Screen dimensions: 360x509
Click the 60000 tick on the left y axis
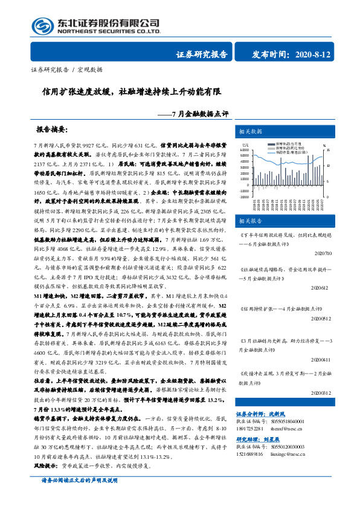245,151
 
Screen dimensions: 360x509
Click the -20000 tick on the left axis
244,198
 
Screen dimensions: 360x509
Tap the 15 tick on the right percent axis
329,151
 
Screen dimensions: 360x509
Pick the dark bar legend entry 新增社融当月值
286,143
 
